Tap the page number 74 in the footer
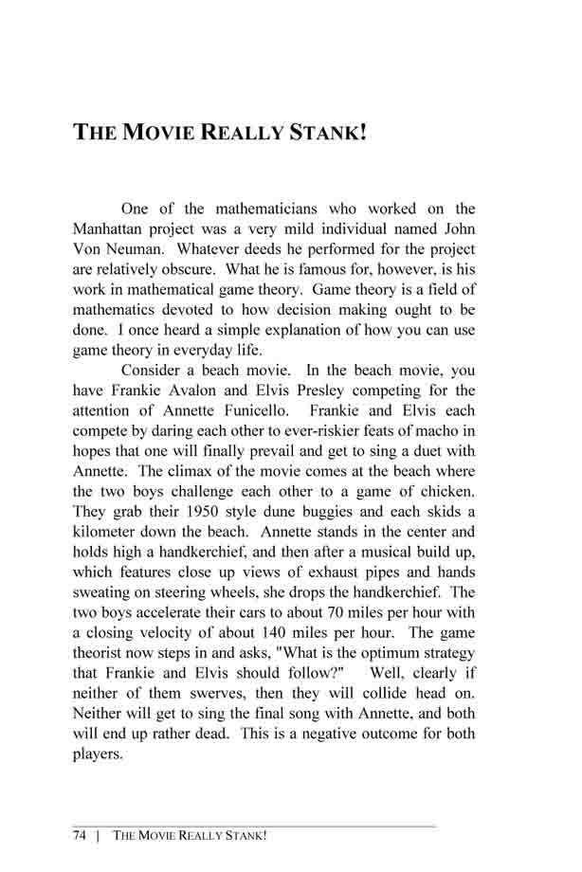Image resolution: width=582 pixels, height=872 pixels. [82, 835]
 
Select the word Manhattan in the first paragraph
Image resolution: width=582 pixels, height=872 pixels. [112, 229]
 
